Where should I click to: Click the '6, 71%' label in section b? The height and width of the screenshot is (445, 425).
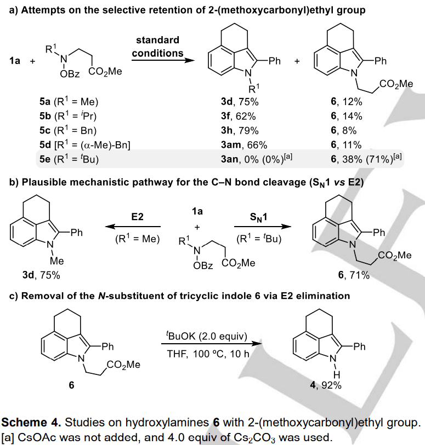354,275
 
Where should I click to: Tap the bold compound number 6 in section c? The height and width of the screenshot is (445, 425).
71,385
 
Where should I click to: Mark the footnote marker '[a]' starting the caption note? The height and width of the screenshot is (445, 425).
8,436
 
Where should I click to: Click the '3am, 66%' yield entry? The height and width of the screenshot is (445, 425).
235,145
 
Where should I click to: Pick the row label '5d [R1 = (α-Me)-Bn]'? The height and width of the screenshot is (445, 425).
83,145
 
